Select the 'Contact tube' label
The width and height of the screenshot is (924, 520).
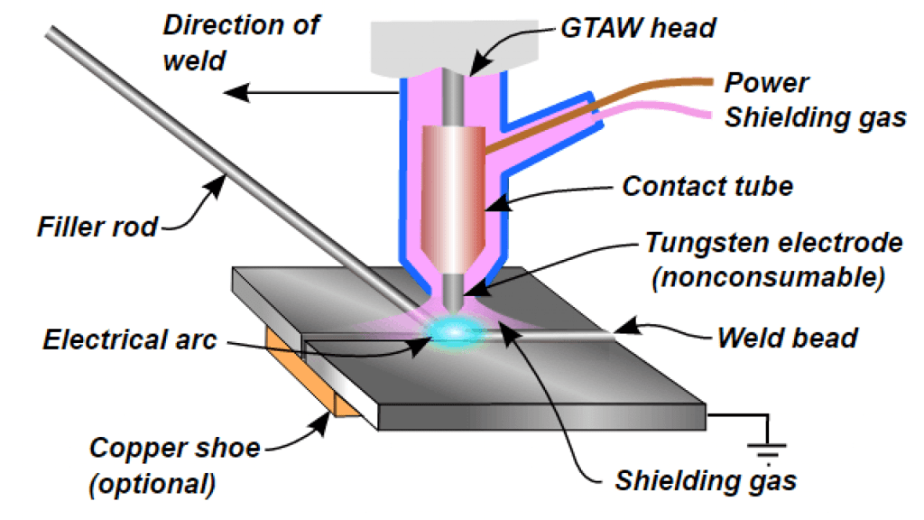[x=707, y=187]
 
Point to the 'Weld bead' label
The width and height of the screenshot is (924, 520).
[x=787, y=339]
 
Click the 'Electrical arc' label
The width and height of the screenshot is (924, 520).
[x=130, y=342]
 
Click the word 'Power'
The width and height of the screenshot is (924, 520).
[x=767, y=82]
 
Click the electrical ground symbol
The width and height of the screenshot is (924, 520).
[x=768, y=449]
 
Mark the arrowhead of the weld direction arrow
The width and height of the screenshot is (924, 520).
[x=233, y=90]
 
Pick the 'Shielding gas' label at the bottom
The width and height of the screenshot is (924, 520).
[x=706, y=480]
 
